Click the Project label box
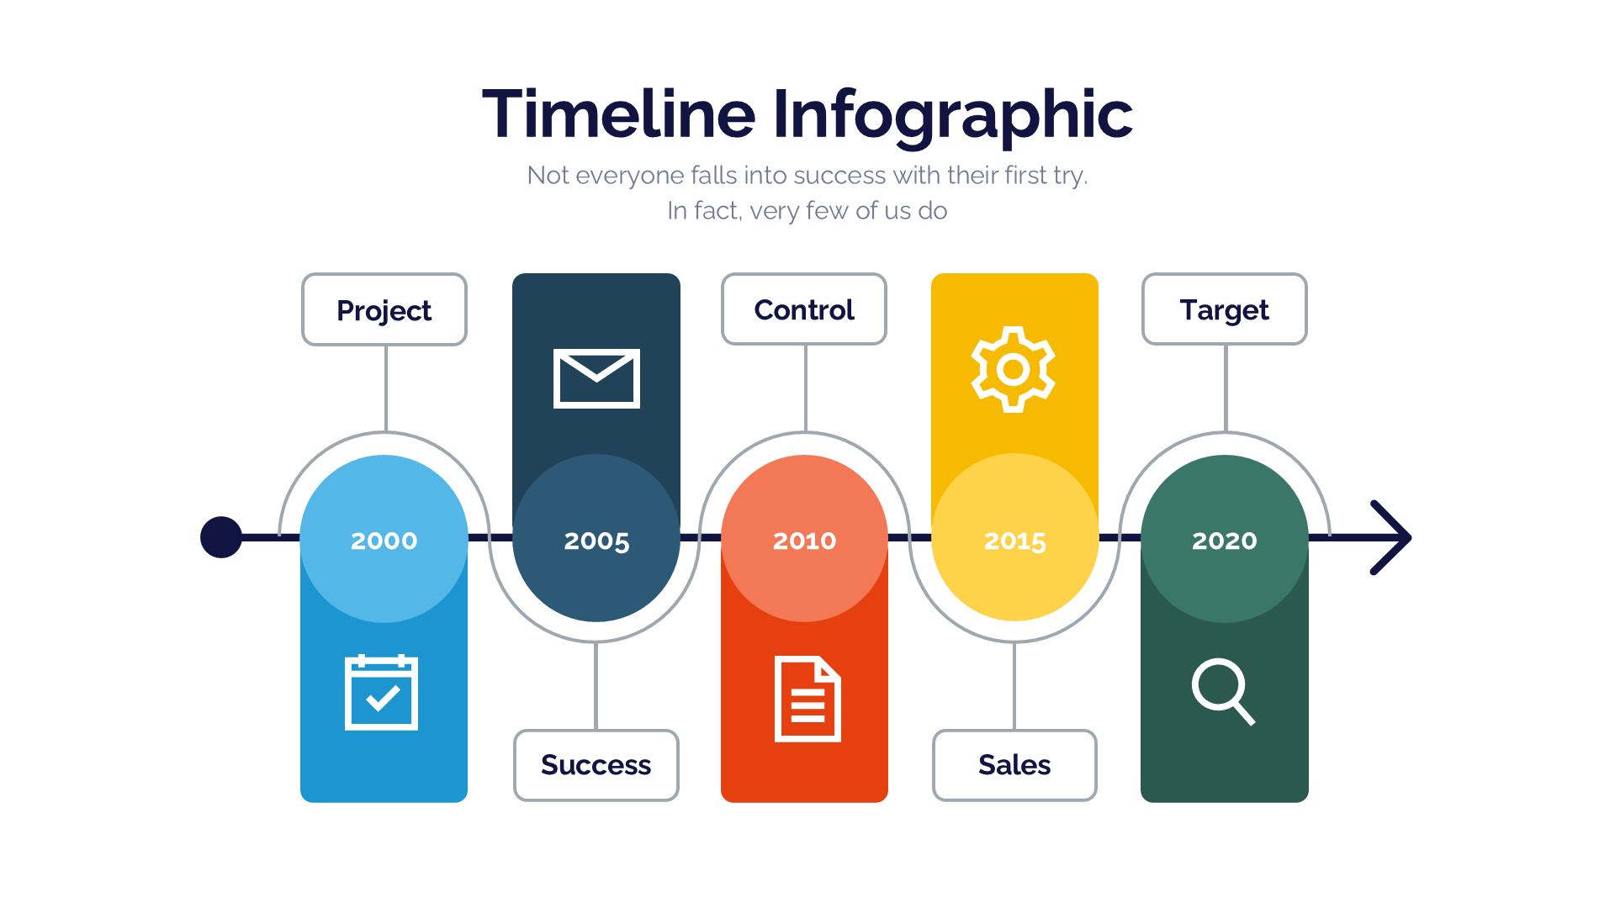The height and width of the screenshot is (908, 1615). pyautogui.click(x=384, y=310)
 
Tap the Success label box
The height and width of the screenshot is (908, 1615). pyautogui.click(x=596, y=765)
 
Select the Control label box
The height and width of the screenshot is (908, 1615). pyautogui.click(x=804, y=309)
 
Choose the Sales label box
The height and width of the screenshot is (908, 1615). pyautogui.click(x=1014, y=765)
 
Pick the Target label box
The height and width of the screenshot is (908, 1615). pyautogui.click(x=1224, y=309)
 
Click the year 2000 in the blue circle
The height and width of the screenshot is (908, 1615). pyautogui.click(x=384, y=541)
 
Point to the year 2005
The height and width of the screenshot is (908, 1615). pyautogui.click(x=596, y=541)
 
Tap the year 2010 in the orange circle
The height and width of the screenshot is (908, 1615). pyautogui.click(x=805, y=541)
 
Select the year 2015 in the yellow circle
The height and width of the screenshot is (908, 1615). pyautogui.click(x=1015, y=541)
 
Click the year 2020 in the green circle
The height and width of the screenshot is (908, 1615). pyautogui.click(x=1225, y=541)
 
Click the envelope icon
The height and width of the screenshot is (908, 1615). pyautogui.click(x=596, y=378)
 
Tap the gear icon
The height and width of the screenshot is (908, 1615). pyautogui.click(x=1014, y=369)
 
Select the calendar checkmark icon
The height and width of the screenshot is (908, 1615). pyautogui.click(x=382, y=693)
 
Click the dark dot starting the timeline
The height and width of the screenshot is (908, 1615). pyautogui.click(x=221, y=537)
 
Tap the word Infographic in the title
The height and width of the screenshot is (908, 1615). pyautogui.click(x=952, y=115)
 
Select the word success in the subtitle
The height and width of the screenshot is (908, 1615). pyautogui.click(x=839, y=175)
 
